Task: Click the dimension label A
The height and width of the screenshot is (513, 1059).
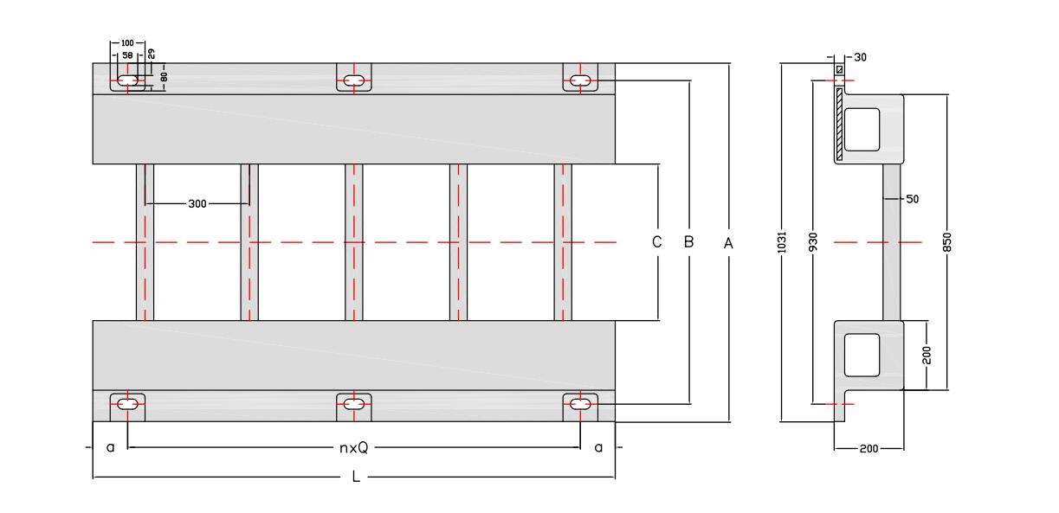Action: click(728, 243)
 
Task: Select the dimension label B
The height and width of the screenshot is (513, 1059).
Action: click(689, 242)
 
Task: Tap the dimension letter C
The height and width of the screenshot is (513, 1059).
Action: click(657, 242)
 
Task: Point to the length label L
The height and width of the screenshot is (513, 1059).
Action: click(356, 478)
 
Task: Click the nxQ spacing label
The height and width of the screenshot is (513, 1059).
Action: click(353, 447)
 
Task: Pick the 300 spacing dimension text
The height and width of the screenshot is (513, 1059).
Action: click(198, 204)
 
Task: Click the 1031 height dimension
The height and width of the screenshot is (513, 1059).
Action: click(781, 242)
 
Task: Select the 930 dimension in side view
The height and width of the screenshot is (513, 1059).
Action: click(813, 242)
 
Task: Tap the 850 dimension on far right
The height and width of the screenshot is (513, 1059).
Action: click(947, 242)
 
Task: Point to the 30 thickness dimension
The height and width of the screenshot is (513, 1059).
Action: click(860, 57)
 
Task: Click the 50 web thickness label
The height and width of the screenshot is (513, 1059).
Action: click(912, 199)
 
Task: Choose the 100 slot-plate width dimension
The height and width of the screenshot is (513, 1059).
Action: click(127, 42)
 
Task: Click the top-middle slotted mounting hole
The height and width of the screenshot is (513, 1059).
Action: click(353, 81)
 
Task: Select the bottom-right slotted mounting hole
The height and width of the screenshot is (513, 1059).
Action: click(581, 403)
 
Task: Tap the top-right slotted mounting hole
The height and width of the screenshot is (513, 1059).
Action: click(581, 81)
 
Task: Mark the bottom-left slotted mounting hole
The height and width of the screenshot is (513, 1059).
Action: click(127, 403)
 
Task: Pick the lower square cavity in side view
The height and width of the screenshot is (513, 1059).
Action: click(862, 355)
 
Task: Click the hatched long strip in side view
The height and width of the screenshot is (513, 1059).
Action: click(839, 123)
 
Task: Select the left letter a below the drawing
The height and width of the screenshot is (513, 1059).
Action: click(110, 447)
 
